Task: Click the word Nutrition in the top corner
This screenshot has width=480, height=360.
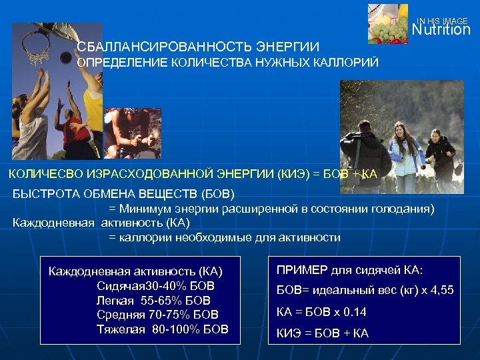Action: (x=441, y=30)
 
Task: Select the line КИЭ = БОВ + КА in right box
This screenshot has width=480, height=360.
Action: (x=322, y=333)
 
